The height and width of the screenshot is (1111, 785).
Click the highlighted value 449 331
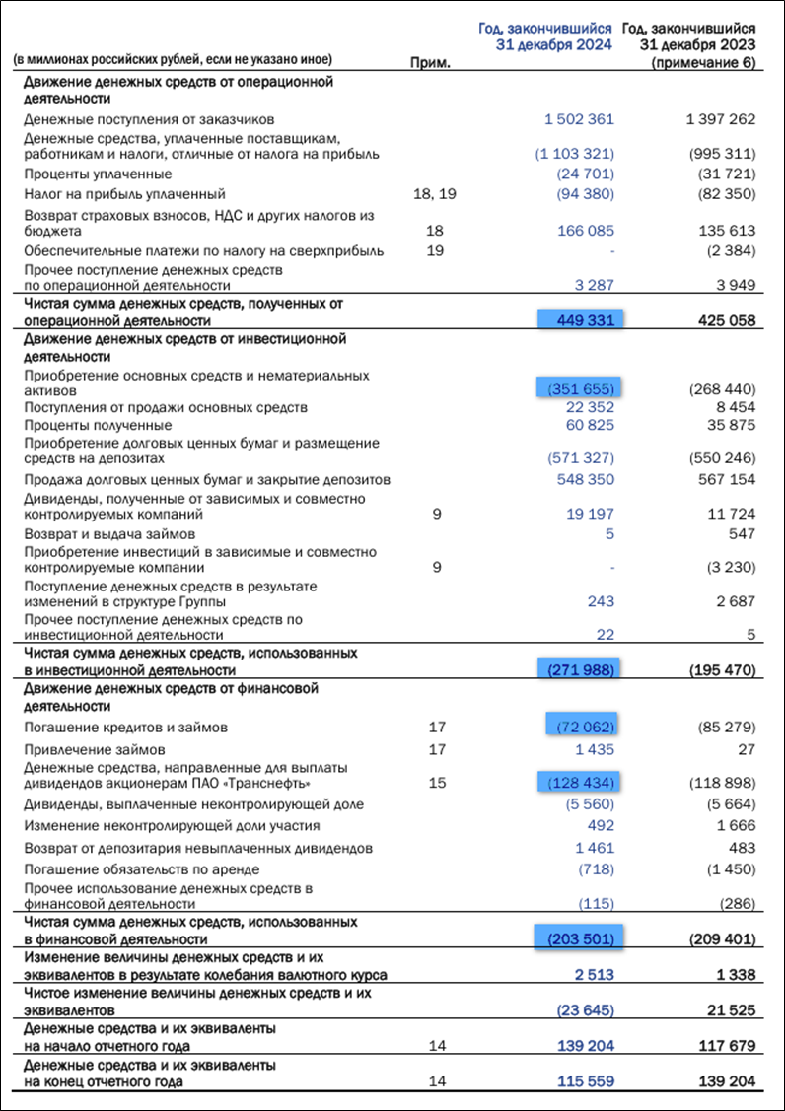579,320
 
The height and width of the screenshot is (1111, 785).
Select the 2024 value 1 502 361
579,119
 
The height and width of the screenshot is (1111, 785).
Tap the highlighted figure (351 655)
579,388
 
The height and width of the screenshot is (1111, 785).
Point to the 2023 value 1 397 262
720,119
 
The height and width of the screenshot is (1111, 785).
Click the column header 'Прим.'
429,63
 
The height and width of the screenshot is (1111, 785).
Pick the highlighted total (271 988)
579,670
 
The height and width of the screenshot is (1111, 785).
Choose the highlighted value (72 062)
579,728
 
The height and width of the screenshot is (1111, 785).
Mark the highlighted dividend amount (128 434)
579,783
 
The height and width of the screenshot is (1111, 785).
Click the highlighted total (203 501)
579,938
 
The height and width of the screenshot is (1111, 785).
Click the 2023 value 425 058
720,320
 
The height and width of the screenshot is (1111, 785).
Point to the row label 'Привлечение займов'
88,747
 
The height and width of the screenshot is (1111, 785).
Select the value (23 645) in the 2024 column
586,1009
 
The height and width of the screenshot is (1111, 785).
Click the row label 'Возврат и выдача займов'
103,533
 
